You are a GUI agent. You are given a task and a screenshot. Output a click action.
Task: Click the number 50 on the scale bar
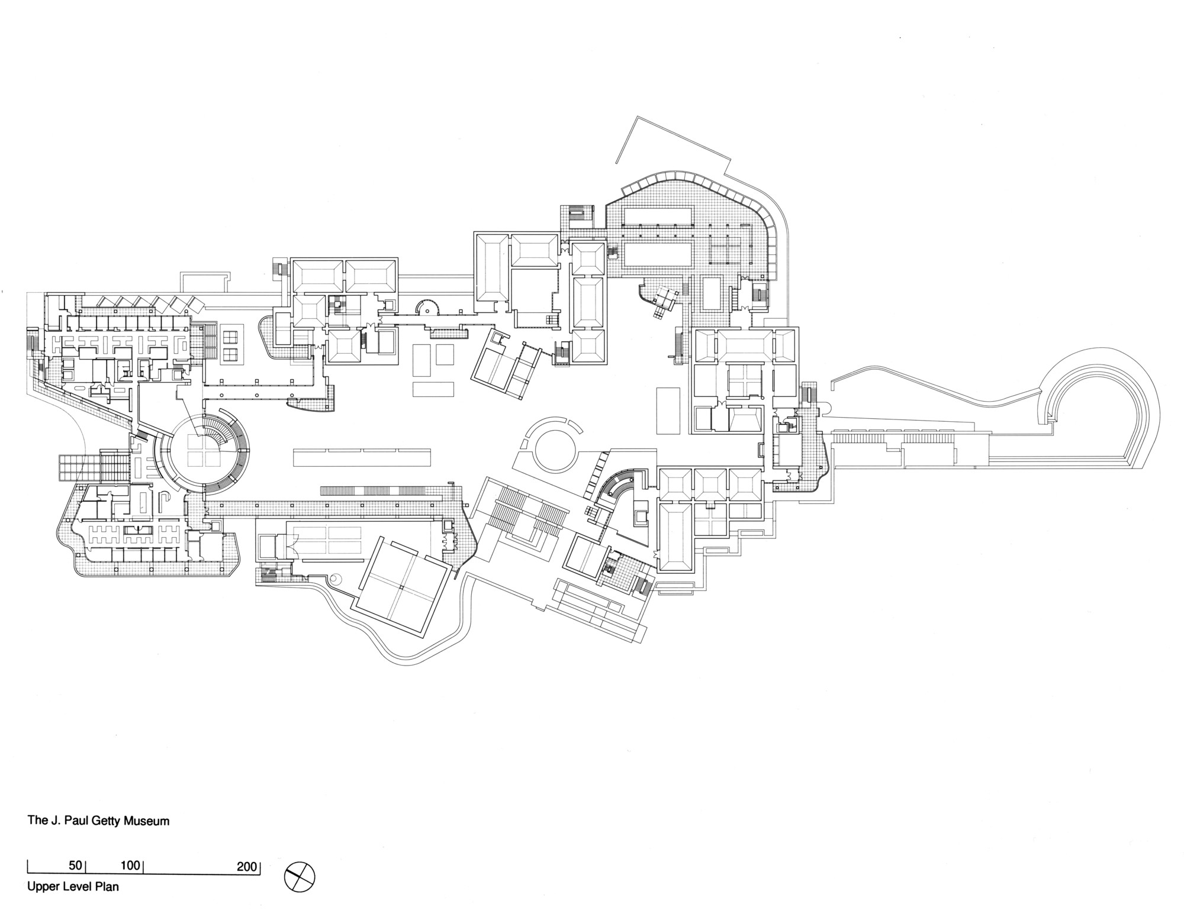tap(75, 865)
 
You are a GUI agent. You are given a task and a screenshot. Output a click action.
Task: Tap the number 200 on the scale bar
tap(247, 867)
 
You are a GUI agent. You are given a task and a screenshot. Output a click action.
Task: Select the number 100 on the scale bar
tap(130, 865)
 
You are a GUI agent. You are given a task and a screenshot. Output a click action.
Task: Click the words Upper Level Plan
tap(73, 887)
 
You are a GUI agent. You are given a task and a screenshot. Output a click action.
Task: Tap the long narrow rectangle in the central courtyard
tap(362, 458)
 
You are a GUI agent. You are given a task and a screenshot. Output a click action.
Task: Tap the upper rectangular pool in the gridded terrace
tap(658, 216)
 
